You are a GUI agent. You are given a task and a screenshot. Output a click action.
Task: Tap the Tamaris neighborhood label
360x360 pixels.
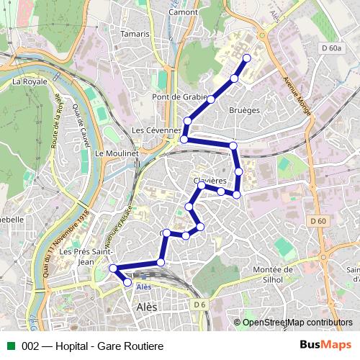(136, 34)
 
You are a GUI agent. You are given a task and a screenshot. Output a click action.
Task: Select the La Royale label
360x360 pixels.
(30, 81)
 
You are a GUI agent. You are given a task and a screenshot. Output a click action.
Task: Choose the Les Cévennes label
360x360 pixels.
(156, 130)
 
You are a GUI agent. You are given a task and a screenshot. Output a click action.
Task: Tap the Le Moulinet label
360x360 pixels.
(111, 154)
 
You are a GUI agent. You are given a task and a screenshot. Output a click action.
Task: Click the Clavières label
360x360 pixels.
(210, 180)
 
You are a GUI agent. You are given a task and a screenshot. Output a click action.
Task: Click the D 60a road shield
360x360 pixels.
(331, 48)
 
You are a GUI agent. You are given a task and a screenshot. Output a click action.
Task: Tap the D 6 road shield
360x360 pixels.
(199, 305)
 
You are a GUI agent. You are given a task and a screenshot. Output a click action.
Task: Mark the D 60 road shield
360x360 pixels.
(319, 220)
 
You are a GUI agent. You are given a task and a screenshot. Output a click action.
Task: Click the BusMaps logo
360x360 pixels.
(325, 345)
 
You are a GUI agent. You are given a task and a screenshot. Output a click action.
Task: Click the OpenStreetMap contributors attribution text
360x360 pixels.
(297, 323)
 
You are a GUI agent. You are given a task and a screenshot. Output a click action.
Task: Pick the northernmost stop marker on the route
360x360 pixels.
(247, 58)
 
